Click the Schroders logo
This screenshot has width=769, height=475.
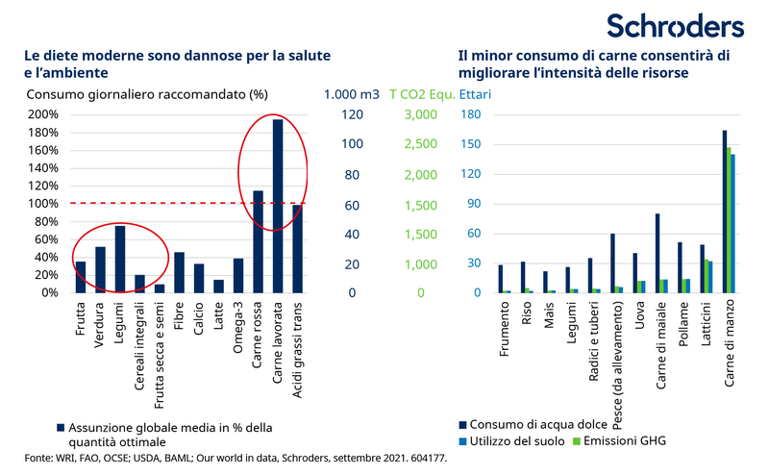674,26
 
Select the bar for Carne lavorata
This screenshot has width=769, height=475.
278,206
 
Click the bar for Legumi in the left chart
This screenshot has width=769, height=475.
121,259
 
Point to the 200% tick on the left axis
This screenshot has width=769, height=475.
43,114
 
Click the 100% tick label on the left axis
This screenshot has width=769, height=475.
43,204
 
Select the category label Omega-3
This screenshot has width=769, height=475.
237,331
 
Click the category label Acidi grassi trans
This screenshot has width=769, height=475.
298,348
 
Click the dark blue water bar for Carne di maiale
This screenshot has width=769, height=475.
657,253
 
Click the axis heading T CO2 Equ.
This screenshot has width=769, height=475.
421,94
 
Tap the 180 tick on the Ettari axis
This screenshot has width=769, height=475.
471,114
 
